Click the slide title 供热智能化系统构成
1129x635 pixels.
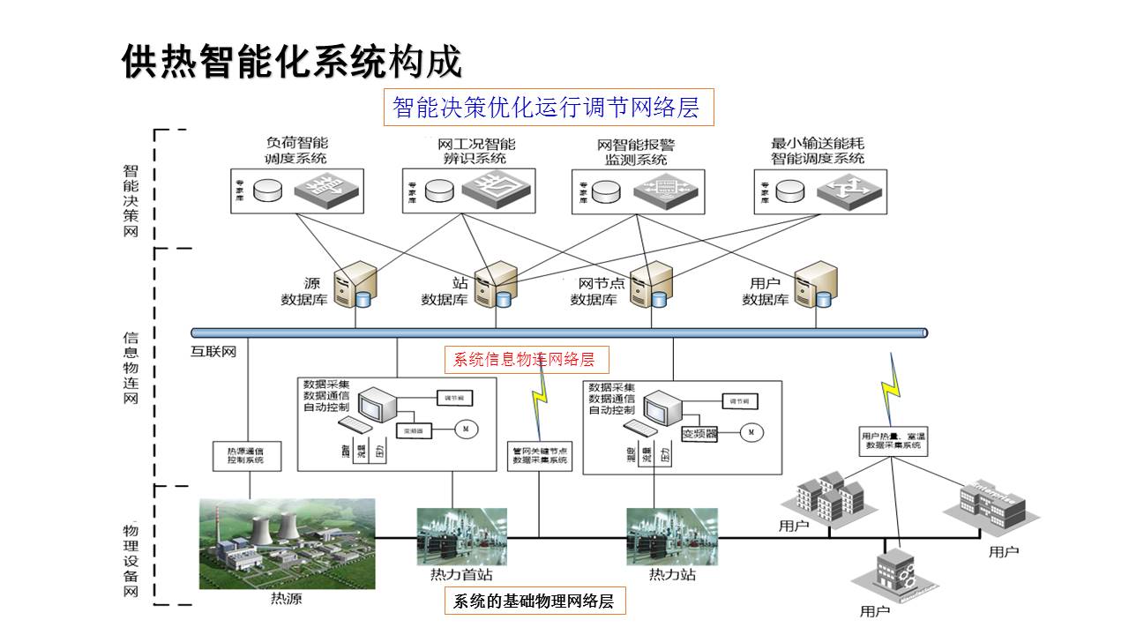[x=291, y=62]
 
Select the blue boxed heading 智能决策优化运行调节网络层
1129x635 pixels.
[x=546, y=108]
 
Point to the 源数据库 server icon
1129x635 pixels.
[x=356, y=284]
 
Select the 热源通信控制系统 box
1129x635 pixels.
[x=251, y=454]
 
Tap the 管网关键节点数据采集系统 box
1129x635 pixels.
[x=540, y=454]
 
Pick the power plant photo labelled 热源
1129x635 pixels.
[x=287, y=542]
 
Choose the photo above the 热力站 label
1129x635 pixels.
[x=672, y=536]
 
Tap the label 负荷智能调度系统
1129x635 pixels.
[x=295, y=151]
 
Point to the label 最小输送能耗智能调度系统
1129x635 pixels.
[x=818, y=151]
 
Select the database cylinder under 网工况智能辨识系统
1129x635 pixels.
[x=438, y=190]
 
